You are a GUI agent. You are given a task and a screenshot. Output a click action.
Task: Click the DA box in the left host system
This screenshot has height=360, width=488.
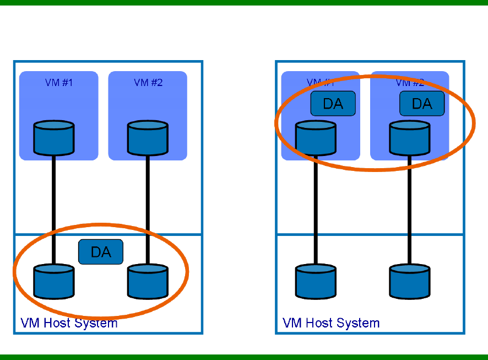pos(101,252)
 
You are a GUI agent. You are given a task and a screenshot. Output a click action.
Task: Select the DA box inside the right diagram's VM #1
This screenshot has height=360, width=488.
pos(333,104)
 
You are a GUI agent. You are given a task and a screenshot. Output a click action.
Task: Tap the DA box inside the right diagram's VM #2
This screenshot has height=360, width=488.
pos(422,104)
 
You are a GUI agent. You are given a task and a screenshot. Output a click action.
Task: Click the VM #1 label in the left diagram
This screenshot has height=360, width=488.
pos(59,83)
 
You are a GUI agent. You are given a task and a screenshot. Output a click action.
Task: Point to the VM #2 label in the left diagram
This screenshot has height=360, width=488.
pos(148,83)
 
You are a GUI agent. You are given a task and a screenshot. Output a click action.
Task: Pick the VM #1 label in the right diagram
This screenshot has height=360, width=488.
pos(321,83)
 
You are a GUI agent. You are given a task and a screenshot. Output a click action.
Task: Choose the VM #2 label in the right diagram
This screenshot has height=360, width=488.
pos(410,83)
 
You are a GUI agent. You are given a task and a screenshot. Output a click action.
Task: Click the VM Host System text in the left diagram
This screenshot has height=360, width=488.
pos(69,323)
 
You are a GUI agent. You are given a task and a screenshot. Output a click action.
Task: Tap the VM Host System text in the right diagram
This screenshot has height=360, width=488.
pos(331,323)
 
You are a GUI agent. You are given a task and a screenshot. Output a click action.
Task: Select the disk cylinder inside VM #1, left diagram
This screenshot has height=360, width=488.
pos(54,138)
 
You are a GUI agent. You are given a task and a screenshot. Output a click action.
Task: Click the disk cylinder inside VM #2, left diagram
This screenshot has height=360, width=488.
pos(148,138)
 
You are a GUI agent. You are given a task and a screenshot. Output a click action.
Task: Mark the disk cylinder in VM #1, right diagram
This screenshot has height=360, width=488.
pos(316,138)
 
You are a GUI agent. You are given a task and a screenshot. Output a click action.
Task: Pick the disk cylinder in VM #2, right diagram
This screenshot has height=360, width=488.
pos(409,138)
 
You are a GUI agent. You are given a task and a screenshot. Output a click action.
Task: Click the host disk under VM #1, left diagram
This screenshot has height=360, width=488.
pos(54,281)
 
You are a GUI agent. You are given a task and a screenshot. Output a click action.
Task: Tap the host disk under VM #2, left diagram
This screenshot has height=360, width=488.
pos(148,281)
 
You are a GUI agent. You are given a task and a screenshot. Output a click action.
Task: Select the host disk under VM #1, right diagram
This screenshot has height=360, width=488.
pos(316,281)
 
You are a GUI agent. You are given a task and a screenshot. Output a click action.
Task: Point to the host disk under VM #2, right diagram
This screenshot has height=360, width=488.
pos(409,281)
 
